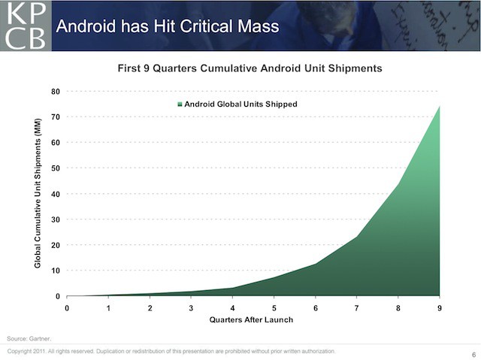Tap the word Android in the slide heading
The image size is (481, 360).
coord(85,27)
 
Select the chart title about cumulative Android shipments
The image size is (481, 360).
coord(250,68)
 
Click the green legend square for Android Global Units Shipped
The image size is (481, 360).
coord(180,104)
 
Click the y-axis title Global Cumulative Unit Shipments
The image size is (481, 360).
coord(37,193)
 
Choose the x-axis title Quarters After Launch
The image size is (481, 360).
coord(250,320)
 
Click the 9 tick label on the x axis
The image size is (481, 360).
coord(439,307)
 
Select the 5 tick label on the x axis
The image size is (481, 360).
coord(274,307)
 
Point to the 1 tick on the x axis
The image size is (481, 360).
coord(108,307)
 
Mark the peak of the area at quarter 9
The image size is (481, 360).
coord(439,107)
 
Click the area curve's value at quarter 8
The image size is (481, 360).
coord(398,183)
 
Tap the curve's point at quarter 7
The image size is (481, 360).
coord(356,237)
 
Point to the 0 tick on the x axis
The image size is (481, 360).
coord(67,307)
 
